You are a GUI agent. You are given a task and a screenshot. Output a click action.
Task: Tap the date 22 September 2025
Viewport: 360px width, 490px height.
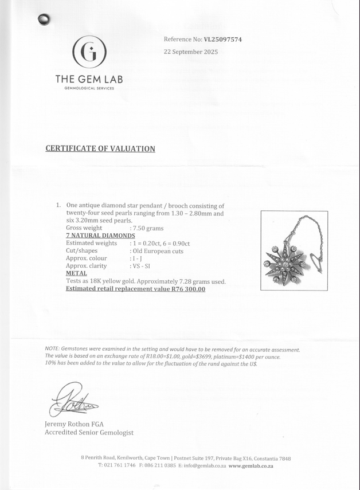tap(191, 52)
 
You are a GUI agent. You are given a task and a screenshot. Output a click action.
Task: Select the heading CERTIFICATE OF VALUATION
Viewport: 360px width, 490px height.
tap(100, 149)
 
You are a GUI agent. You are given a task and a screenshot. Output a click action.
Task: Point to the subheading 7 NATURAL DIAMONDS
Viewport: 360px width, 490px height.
tap(101, 236)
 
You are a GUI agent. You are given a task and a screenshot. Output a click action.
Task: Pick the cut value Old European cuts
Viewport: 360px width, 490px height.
tap(160, 251)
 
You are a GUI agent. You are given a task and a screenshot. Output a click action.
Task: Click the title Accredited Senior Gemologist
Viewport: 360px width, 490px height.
tap(89, 433)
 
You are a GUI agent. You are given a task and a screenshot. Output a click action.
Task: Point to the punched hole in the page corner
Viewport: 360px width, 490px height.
tap(44, 20)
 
